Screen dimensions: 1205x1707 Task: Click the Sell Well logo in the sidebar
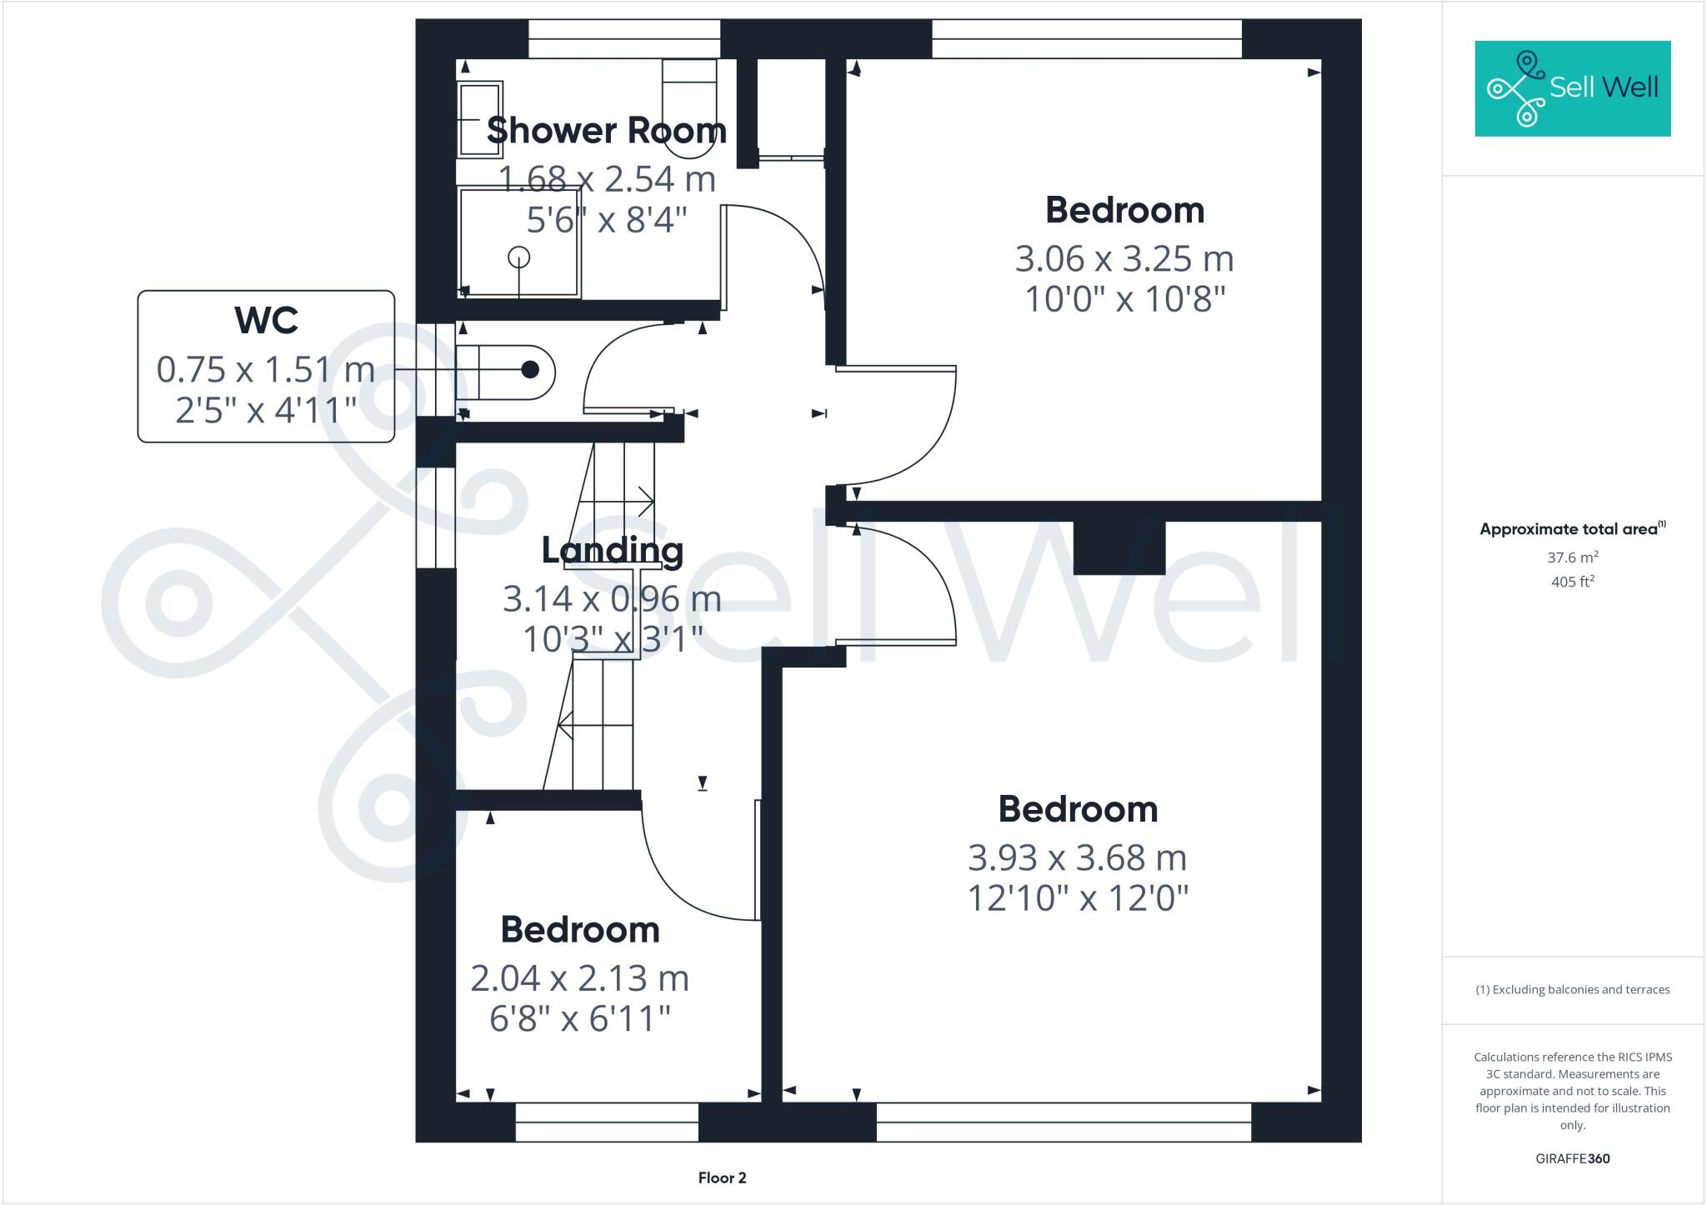[x=1572, y=88]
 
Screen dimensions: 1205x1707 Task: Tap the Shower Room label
[x=606, y=131]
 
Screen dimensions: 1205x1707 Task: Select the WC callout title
[x=266, y=320]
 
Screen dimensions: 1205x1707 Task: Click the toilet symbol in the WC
[x=506, y=370]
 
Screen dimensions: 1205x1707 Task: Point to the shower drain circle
[x=519, y=257]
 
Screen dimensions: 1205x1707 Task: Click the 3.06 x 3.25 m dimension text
[x=1124, y=259]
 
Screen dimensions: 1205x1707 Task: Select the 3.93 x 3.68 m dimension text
[x=1077, y=857]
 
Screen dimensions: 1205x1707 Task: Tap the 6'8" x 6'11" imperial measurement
[x=579, y=1018]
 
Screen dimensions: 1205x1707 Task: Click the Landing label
[x=612, y=550]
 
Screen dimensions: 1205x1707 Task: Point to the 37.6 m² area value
[x=1572, y=557]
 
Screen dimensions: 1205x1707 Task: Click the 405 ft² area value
[x=1572, y=582]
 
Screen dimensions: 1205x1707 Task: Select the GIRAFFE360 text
[x=1572, y=1158]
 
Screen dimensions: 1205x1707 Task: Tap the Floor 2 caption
[x=722, y=1177]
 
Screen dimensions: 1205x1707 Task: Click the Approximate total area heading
[x=1571, y=529]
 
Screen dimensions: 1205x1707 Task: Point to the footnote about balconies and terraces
[x=1572, y=990]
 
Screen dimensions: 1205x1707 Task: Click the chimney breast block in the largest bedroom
[x=1119, y=548]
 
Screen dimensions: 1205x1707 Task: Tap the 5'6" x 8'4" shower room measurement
[x=606, y=220]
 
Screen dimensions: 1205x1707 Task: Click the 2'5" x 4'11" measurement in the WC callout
[x=266, y=410]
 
